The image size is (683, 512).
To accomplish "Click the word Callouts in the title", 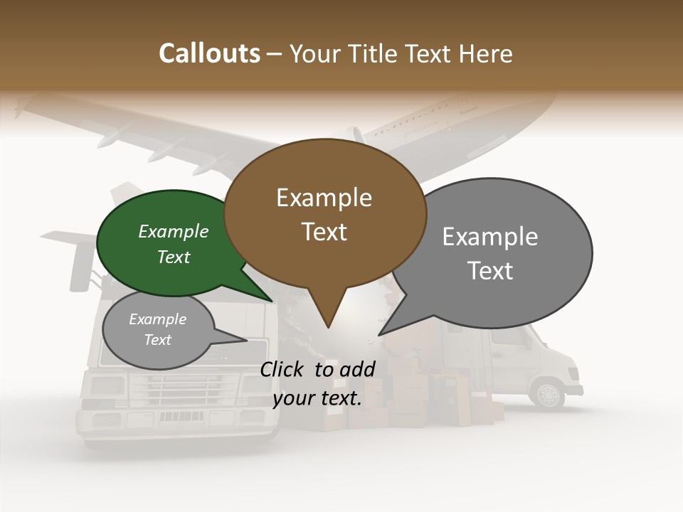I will (209, 53).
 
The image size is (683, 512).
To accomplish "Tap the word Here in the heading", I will (485, 53).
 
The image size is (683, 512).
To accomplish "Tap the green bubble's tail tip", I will (271, 301).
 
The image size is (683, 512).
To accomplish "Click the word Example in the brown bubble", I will (324, 198).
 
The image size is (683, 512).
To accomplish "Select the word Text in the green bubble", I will (174, 257).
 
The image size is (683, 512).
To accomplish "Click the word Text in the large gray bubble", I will (490, 271).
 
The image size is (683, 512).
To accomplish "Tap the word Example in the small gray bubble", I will (157, 319).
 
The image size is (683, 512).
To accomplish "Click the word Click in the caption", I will (283, 369).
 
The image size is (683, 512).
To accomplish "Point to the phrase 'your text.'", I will (317, 398).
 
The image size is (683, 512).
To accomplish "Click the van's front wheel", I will (549, 394).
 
